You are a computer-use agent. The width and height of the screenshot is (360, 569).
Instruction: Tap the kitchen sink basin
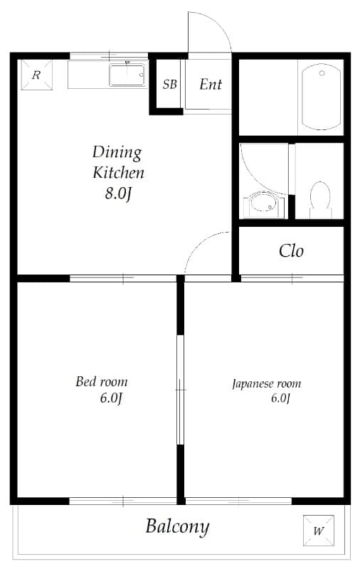(x=127, y=75)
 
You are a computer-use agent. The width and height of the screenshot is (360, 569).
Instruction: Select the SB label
(x=169, y=85)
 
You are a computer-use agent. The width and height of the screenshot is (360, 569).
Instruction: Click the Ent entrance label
(x=211, y=85)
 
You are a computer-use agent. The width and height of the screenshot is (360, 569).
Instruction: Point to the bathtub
(x=320, y=97)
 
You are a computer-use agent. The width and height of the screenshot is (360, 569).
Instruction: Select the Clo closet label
(x=291, y=250)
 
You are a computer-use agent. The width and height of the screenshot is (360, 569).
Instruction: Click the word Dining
(x=117, y=152)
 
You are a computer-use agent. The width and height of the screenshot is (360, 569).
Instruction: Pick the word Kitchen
(x=119, y=173)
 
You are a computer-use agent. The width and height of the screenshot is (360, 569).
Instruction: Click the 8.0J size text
(x=118, y=194)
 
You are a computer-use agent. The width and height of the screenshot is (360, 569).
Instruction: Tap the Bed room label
(x=102, y=382)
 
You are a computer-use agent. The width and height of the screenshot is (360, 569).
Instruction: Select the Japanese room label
(x=266, y=384)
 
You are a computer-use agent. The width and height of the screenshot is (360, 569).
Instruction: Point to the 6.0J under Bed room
(x=112, y=398)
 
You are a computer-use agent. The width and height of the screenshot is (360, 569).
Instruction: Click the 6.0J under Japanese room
(x=280, y=398)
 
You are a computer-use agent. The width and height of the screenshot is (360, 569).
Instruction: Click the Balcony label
(x=177, y=527)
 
